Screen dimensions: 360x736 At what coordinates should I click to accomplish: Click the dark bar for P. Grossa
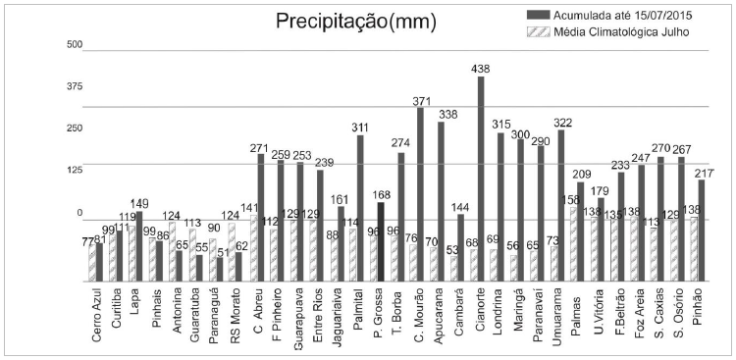tap(381, 241)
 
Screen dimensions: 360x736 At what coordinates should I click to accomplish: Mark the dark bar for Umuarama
tap(561, 205)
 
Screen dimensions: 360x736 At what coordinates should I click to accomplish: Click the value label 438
tap(480, 70)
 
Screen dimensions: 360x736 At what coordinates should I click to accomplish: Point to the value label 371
tap(421, 101)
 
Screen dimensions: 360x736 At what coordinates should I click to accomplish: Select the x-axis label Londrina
tap(500, 314)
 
